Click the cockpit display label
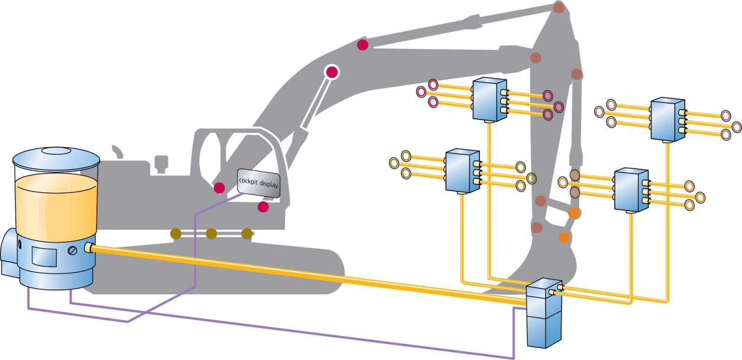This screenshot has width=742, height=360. pyautogui.click(x=258, y=183)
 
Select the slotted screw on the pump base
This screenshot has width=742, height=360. pyautogui.click(x=73, y=251)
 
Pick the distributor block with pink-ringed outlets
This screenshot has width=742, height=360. pyautogui.click(x=488, y=99)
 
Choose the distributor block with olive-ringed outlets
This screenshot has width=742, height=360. pyautogui.click(x=462, y=171)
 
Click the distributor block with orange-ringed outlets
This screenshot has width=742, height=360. pyautogui.click(x=631, y=190)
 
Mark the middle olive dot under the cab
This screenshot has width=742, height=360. pyautogui.click(x=211, y=233)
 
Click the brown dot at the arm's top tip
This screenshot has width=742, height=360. pyautogui.click(x=559, y=7)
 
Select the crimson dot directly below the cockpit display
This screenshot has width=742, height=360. pyautogui.click(x=263, y=207)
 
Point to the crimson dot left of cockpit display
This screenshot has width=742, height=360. pyautogui.click(x=219, y=188)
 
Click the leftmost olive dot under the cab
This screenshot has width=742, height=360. pyautogui.click(x=176, y=233)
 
